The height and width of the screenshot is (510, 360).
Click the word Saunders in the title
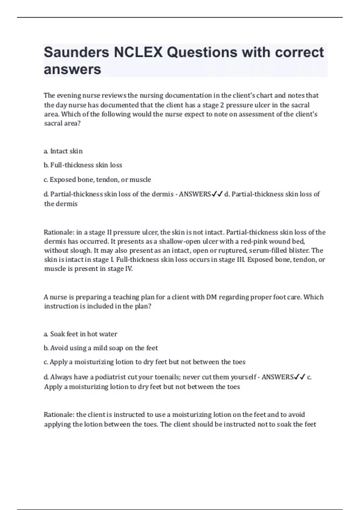[76, 52]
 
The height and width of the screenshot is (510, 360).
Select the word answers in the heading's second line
[72, 70]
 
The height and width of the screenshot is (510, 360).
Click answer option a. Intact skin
[63, 151]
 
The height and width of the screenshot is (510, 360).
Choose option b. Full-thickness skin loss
[83, 165]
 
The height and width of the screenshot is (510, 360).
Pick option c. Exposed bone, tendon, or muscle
[97, 180]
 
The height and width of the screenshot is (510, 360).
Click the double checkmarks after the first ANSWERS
[217, 194]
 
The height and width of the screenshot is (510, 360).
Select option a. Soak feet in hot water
[80, 334]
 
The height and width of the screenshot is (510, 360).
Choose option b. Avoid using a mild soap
[101, 348]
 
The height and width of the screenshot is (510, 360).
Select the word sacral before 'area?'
[53, 123]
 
